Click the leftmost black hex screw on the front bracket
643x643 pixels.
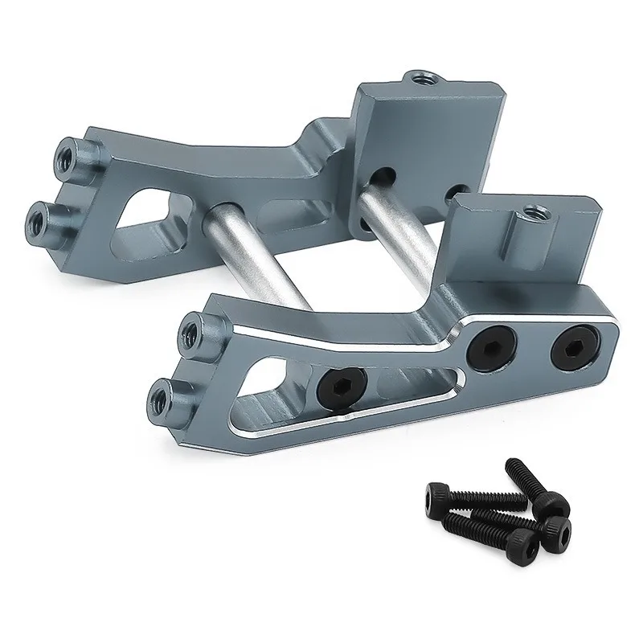coord(346,381)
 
